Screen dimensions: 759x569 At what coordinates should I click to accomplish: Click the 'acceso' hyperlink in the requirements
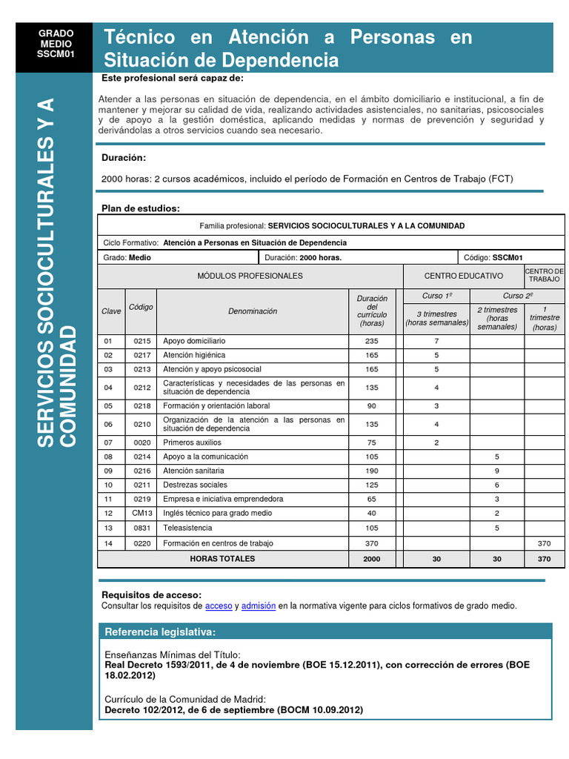[219, 606]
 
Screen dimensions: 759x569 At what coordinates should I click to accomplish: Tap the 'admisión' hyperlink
[259, 606]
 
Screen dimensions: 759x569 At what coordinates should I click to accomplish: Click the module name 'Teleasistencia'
[187, 528]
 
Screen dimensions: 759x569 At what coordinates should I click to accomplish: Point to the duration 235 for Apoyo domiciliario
[372, 341]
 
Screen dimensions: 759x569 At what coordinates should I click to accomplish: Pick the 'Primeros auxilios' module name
[193, 443]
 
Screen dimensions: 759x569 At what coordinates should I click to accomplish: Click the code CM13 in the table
[142, 513]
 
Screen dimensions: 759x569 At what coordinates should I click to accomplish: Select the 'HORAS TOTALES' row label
[222, 559]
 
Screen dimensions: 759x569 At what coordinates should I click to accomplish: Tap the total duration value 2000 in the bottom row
[372, 559]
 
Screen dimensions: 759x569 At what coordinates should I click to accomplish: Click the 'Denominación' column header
[253, 311]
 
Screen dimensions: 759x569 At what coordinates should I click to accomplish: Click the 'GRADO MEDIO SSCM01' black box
[56, 44]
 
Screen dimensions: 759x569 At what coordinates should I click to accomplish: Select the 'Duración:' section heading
[123, 158]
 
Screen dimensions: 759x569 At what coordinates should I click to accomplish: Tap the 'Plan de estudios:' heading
[141, 208]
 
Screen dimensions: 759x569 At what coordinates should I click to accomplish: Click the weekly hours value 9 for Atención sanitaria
[497, 471]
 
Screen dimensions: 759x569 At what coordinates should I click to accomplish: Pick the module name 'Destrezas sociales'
[196, 485]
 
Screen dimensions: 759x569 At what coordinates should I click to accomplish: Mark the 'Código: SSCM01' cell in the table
[493, 258]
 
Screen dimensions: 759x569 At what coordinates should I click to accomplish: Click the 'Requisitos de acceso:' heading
[151, 595]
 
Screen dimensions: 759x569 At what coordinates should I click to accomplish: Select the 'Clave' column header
[111, 311]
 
